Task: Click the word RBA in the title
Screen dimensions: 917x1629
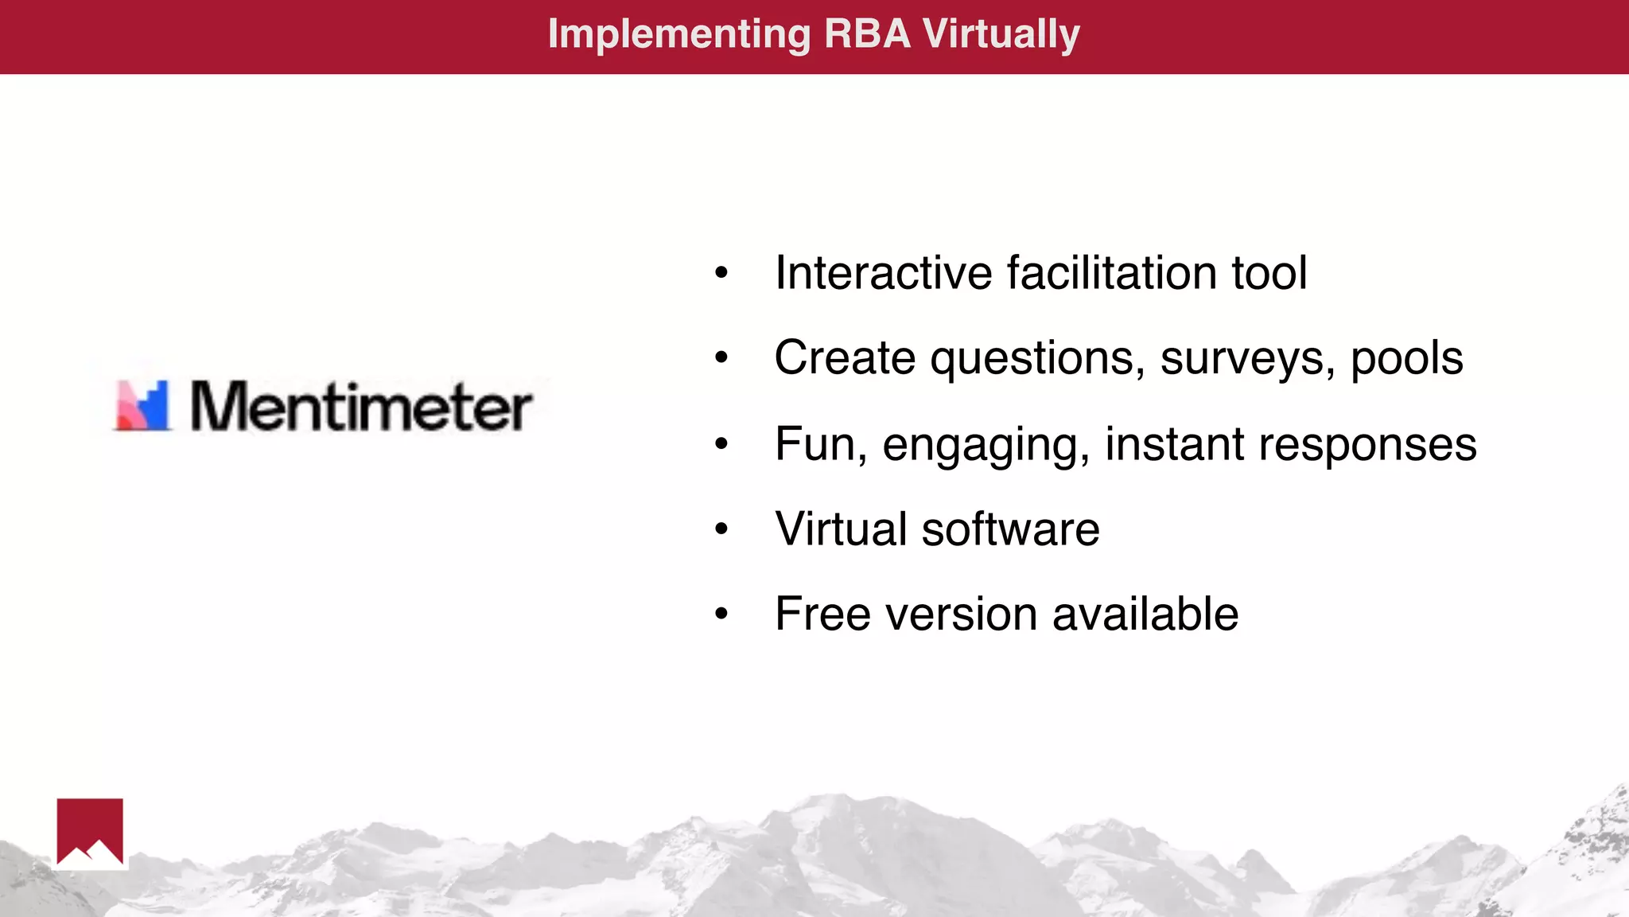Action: [x=867, y=34]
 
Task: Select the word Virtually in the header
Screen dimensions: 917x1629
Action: [x=1001, y=36]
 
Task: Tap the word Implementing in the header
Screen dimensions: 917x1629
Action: [x=679, y=36]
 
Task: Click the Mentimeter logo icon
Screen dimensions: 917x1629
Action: [x=143, y=406]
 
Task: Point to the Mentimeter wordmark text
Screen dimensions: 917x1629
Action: [x=361, y=406]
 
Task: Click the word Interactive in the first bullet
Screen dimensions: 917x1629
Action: [x=884, y=273]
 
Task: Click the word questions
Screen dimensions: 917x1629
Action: [x=1038, y=359]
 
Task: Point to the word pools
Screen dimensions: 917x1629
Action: [x=1406, y=359]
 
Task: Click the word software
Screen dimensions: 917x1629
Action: [x=1010, y=529]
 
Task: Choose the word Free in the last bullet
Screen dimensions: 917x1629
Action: [x=823, y=615]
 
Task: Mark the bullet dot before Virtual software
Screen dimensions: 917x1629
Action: [x=721, y=529]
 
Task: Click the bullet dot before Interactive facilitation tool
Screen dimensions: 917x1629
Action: [x=721, y=273]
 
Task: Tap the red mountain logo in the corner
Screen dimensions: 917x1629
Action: [x=90, y=832]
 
